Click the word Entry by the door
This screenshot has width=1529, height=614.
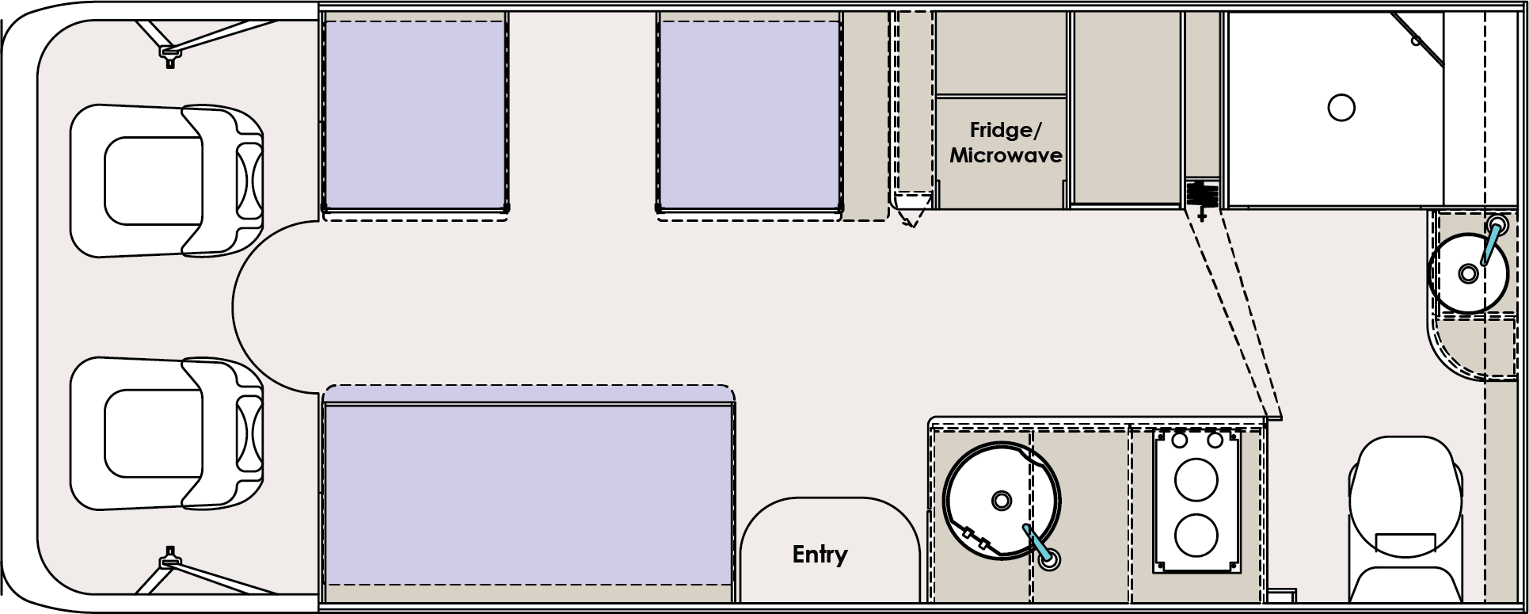click(x=820, y=555)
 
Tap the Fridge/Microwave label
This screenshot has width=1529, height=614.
click(x=1005, y=143)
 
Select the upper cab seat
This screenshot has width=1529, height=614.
click(x=166, y=181)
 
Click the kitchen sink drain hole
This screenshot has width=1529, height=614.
click(x=1002, y=501)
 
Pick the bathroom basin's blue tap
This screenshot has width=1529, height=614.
click(x=1491, y=242)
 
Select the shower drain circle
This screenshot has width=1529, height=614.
click(x=1341, y=107)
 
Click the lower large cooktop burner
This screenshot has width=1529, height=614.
click(x=1195, y=535)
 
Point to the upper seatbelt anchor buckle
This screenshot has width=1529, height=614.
click(x=168, y=54)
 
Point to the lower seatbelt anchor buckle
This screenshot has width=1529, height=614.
click(x=168, y=561)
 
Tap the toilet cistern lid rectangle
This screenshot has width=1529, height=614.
click(x=1405, y=543)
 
